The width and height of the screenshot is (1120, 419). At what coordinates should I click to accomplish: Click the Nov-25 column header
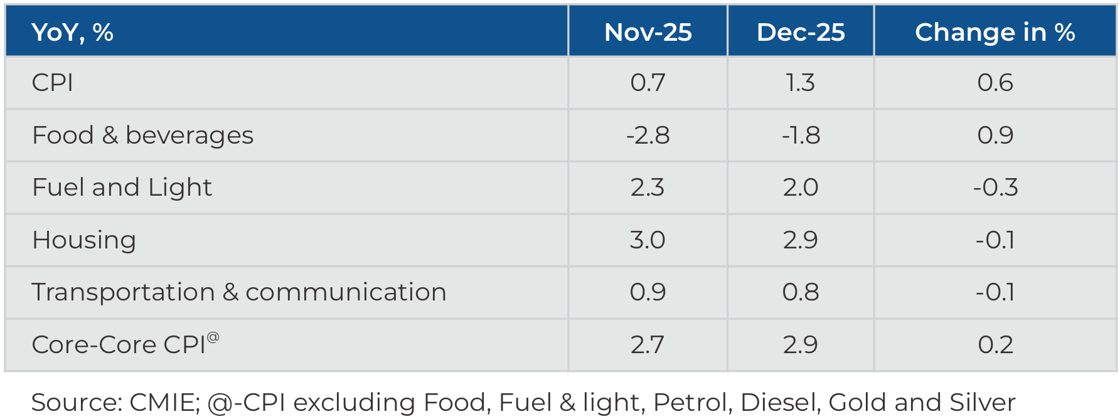click(x=648, y=32)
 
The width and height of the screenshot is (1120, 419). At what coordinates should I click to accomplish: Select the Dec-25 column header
click(x=801, y=32)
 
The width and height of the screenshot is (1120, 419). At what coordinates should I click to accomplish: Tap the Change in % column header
click(x=995, y=32)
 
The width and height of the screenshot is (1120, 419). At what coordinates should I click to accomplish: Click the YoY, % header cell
click(x=72, y=32)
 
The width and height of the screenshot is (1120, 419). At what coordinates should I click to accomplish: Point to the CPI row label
click(x=53, y=83)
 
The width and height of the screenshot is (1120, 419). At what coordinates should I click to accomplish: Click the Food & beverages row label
click(x=142, y=135)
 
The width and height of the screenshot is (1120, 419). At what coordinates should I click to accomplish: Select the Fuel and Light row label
click(x=122, y=188)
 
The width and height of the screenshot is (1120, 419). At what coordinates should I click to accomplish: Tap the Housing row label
click(x=84, y=240)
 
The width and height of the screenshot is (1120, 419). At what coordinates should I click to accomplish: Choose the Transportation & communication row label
click(x=238, y=292)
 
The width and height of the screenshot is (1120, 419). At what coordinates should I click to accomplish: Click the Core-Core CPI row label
click(x=119, y=345)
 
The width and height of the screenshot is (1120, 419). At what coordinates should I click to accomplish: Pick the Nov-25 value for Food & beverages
click(x=648, y=135)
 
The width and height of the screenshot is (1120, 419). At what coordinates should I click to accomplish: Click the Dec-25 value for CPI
click(x=801, y=83)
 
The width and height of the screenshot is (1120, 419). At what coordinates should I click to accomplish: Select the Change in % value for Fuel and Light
click(x=995, y=188)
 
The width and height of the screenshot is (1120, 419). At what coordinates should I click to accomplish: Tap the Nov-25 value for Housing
click(x=648, y=240)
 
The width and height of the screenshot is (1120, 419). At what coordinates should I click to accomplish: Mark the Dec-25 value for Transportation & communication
click(x=801, y=292)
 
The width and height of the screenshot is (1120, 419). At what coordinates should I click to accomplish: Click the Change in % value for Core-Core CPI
click(x=995, y=345)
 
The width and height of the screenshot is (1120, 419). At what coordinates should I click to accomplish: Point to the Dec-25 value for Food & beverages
click(x=801, y=135)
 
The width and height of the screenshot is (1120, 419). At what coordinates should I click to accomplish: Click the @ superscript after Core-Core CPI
click(x=213, y=337)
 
